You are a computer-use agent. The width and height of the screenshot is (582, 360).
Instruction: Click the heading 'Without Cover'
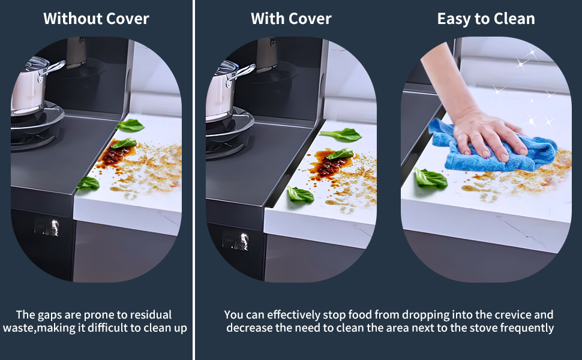tap(96, 19)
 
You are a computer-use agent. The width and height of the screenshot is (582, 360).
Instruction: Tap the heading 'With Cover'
tap(291, 19)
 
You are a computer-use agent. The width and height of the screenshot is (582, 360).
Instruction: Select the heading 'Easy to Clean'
tap(486, 19)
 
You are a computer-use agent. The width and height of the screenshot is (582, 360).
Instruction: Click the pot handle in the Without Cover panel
tap(52, 68)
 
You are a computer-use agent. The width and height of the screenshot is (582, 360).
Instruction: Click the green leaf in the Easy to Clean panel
tap(431, 179)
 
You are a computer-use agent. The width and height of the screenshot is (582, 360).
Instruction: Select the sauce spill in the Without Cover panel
tap(115, 155)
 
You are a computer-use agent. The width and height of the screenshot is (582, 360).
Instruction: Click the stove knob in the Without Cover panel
tap(52, 227)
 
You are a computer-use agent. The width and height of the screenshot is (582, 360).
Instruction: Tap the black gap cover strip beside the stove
tap(293, 163)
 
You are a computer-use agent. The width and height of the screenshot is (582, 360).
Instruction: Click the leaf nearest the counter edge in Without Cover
tap(88, 183)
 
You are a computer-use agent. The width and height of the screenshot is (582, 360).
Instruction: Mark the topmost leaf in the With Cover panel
tap(341, 134)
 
